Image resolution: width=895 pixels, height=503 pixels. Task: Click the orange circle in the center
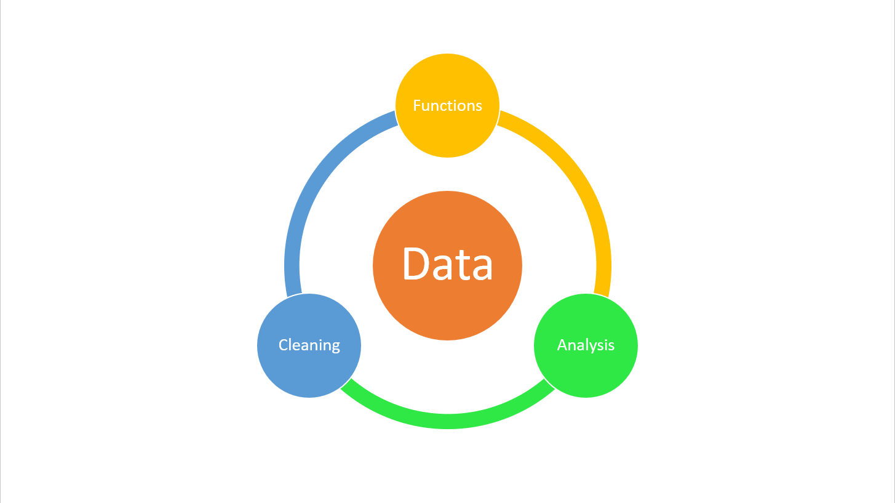coord(448,265)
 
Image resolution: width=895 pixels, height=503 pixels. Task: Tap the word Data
coord(448,264)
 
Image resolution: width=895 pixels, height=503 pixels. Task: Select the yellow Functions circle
coord(448,105)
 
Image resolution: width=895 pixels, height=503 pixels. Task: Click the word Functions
coord(448,105)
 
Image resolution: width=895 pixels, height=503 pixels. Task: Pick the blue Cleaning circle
coord(309,345)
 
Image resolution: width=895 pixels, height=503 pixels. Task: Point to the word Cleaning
coord(309,345)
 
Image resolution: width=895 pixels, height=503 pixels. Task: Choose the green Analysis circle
coord(586,345)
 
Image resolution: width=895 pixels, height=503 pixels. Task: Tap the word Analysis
coord(586,345)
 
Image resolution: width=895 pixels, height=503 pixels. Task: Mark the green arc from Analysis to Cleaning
coord(448,422)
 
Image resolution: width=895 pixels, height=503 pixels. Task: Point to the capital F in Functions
coord(416,105)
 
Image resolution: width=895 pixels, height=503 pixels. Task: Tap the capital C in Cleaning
coord(284,345)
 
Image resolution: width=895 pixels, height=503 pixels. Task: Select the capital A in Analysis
coord(563,345)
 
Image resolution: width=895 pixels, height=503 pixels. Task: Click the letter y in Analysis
coord(594,347)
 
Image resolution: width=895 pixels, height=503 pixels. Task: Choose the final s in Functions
coord(479,107)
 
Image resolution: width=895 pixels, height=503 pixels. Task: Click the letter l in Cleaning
coord(292,345)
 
